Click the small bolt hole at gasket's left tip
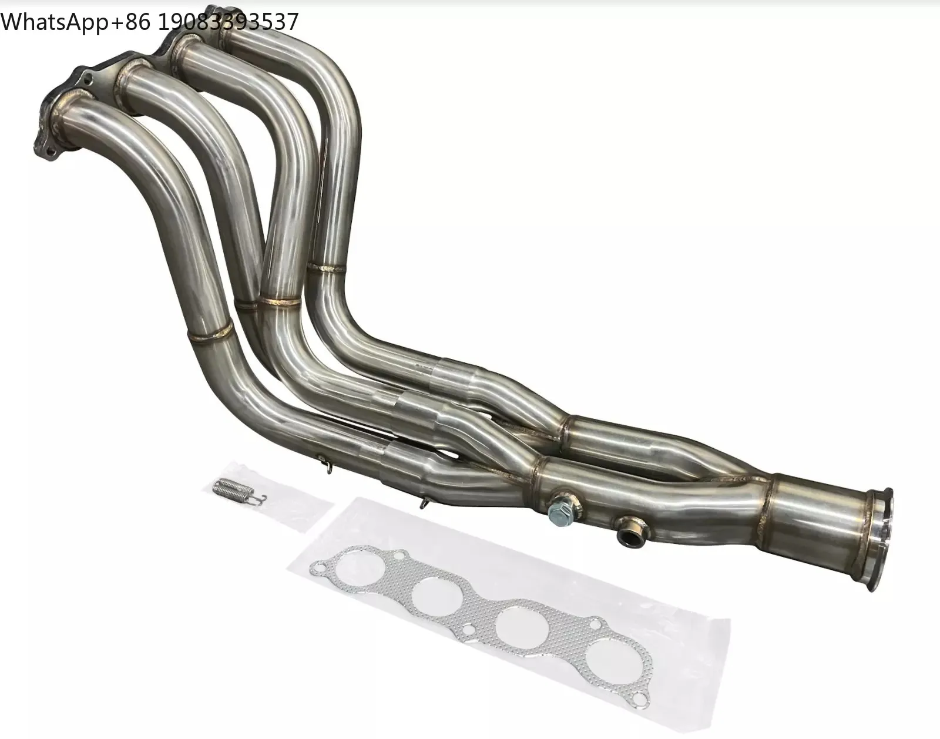tap(318, 569)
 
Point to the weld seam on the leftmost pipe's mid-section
tap(210, 331)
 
